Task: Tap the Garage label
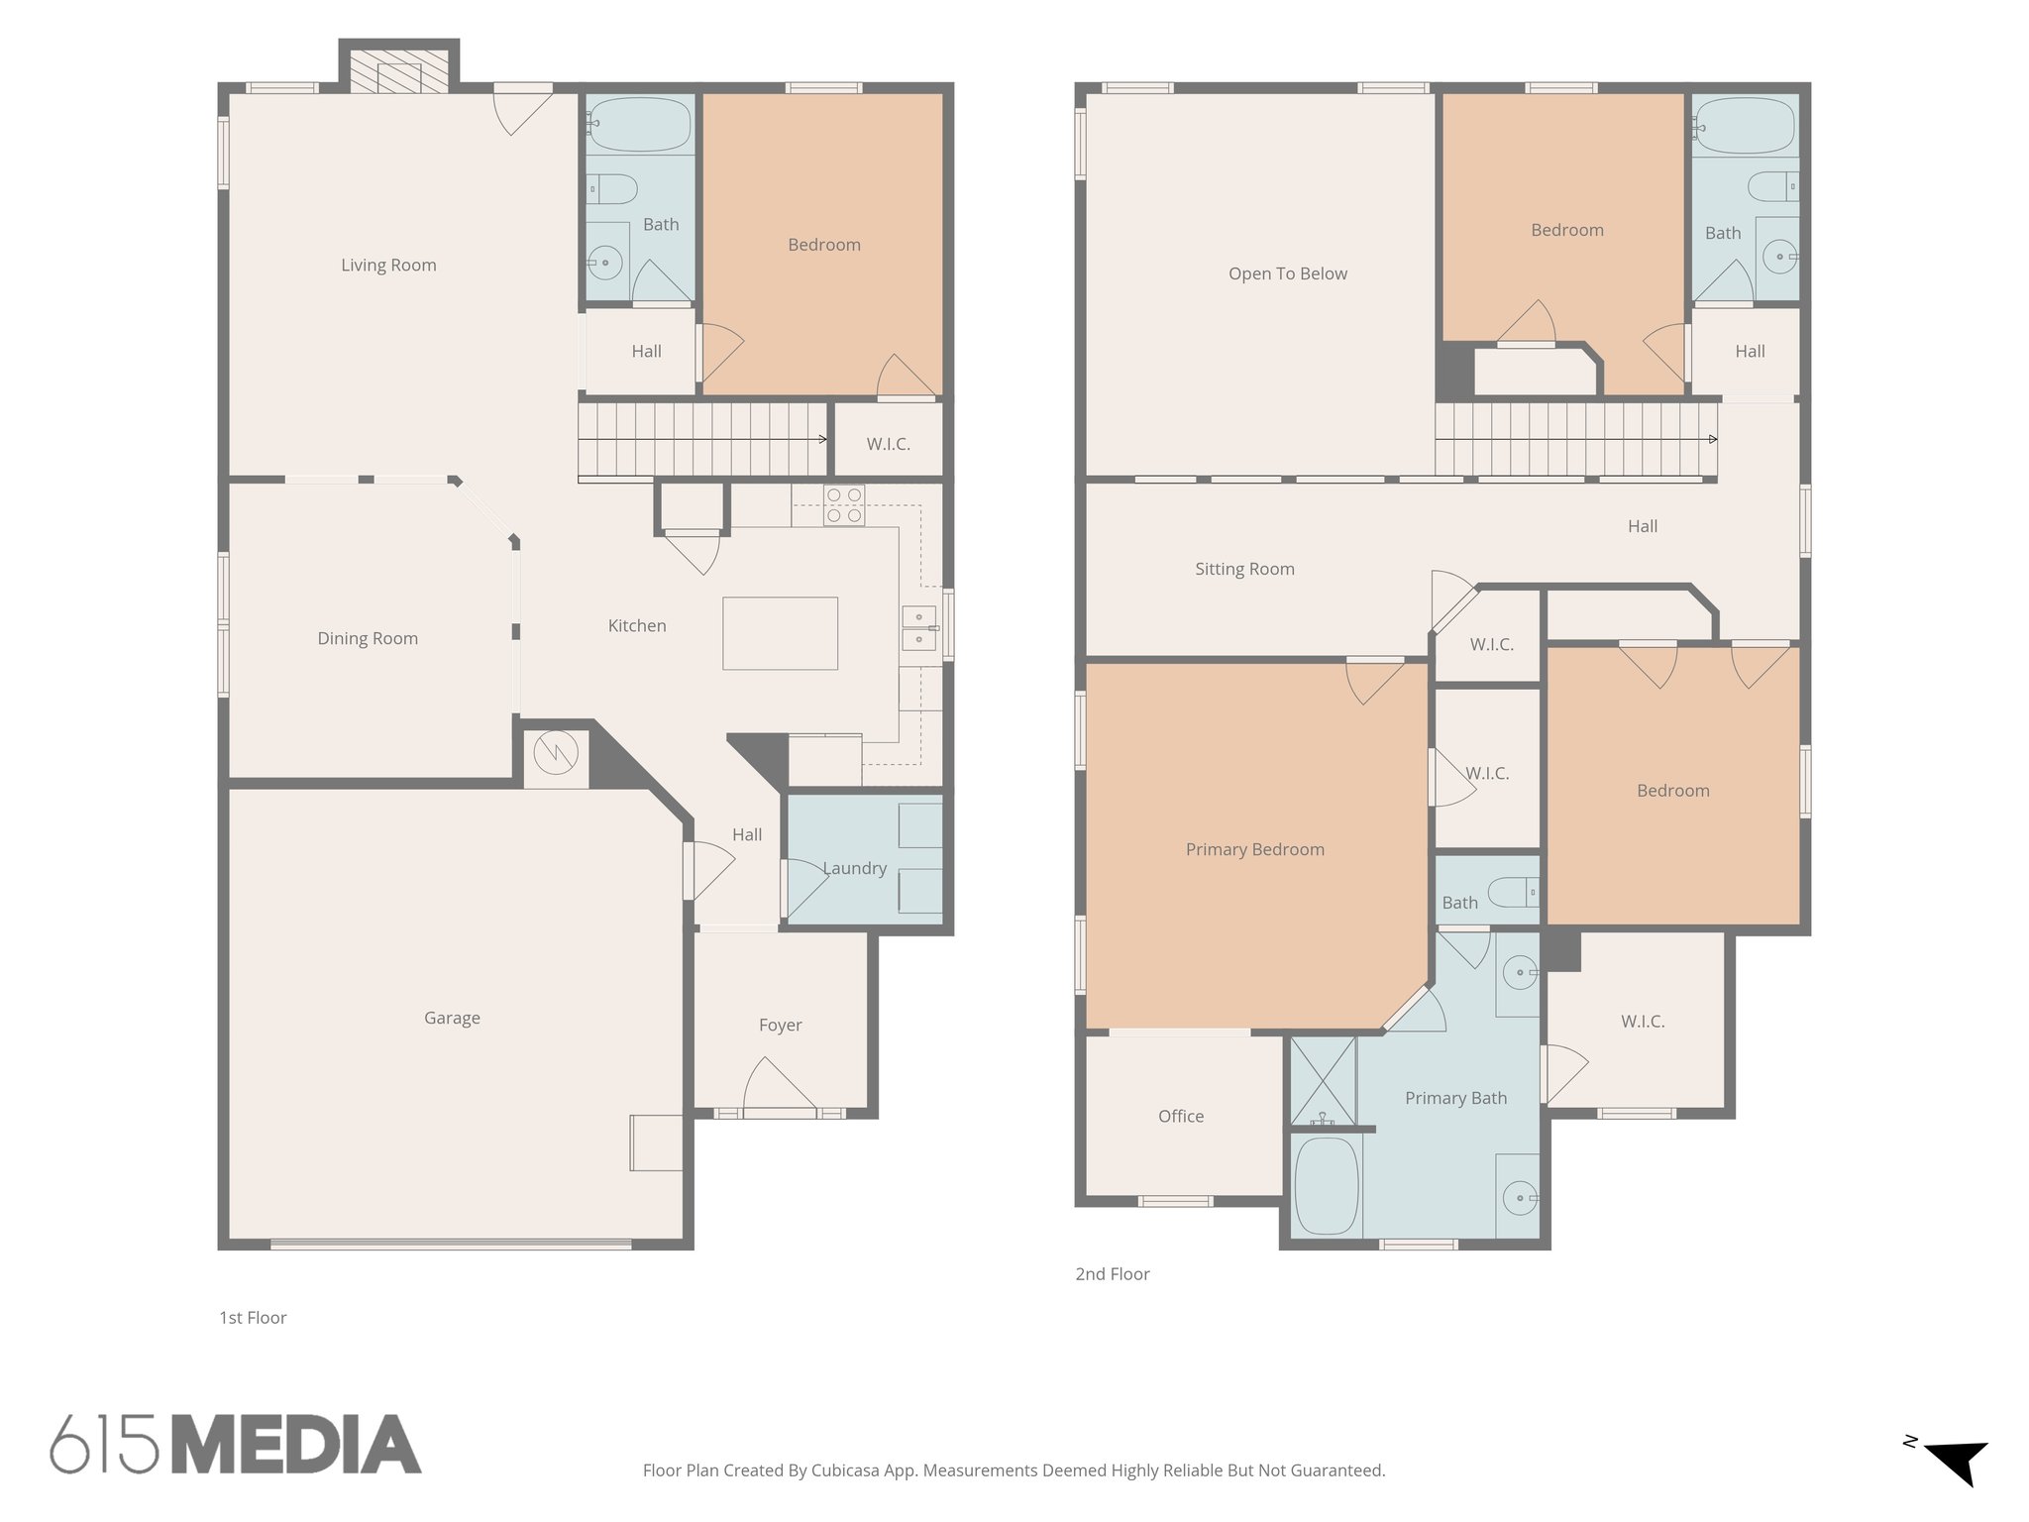(452, 1018)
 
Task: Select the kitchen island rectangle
(780, 633)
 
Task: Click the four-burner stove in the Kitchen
(844, 505)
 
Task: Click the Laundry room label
(854, 868)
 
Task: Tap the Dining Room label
(368, 638)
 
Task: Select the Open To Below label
(1287, 273)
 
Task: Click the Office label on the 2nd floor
(1181, 1116)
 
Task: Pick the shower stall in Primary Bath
(1323, 1080)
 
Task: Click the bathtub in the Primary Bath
(1327, 1186)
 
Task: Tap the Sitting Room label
(1244, 569)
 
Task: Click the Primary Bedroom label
(1254, 849)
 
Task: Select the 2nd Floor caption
(1112, 1274)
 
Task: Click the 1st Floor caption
(253, 1318)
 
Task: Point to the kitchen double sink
(918, 629)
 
